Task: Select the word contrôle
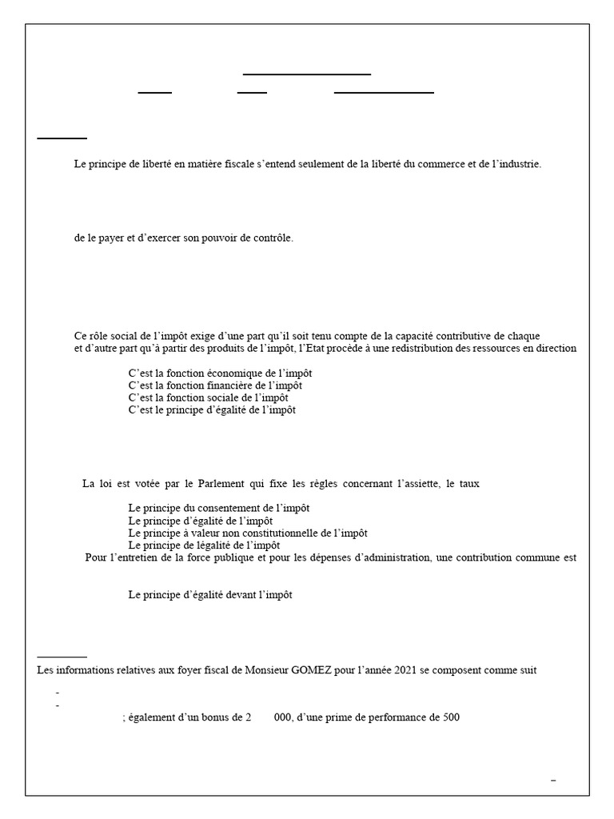pyautogui.click(x=273, y=238)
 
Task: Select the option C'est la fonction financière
pyautogui.click(x=214, y=386)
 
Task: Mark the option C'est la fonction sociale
pyautogui.click(x=208, y=398)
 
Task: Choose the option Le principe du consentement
pyautogui.click(x=218, y=508)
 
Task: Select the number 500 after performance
pyautogui.click(x=451, y=718)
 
